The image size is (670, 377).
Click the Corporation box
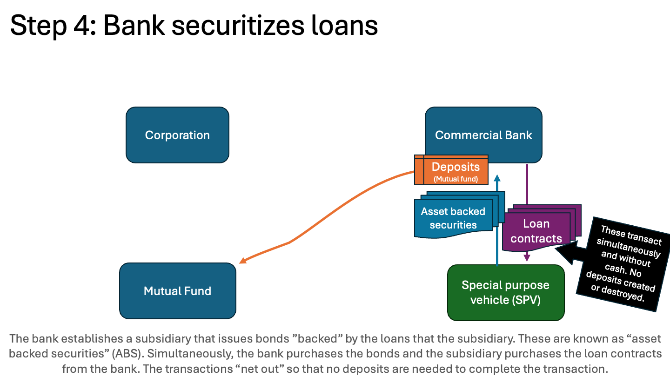coord(177,135)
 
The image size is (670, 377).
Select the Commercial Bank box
coord(483,135)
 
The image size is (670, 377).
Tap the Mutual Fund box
coord(177,291)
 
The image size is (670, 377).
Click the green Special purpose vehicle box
coord(505,292)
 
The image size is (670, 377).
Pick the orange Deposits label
coord(456,167)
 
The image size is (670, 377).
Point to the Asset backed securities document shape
coord(453,218)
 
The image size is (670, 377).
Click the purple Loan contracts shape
coord(536,231)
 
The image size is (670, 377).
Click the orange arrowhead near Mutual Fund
coord(242,261)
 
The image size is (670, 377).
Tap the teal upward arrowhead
coord(497,178)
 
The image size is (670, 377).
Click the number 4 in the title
coord(83,26)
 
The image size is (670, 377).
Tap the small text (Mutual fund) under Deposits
coord(456,179)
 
